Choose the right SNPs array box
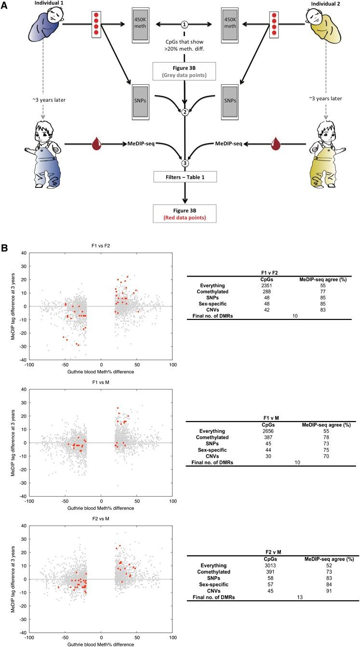point(229,99)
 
